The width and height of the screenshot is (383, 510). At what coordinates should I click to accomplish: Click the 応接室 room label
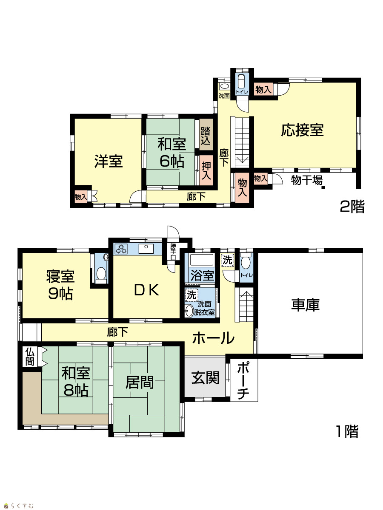pos(302,130)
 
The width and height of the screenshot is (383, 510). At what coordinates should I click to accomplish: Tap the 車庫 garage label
pos(305,305)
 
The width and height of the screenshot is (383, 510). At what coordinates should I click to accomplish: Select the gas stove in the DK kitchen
pos(121,249)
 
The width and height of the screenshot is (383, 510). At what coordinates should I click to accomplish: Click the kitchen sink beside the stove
pos(146,248)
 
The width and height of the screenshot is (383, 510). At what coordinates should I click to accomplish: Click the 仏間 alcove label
pos(30,357)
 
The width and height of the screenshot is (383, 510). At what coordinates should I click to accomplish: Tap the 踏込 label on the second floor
pos(206,136)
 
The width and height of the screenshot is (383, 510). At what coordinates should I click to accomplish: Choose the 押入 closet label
pos(206,170)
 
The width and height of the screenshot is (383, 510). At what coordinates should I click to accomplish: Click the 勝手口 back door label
pos(173,252)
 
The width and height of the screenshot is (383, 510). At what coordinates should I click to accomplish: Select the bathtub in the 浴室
pos(202,260)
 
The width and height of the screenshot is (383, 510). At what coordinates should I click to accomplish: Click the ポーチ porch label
pos(243,380)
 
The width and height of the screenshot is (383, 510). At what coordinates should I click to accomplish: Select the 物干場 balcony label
pos(307,180)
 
